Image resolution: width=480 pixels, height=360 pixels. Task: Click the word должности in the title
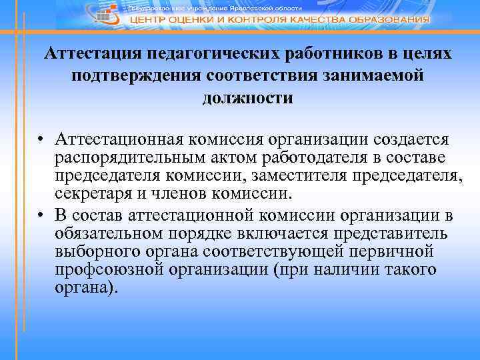247,98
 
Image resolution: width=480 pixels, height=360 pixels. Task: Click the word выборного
97,253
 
